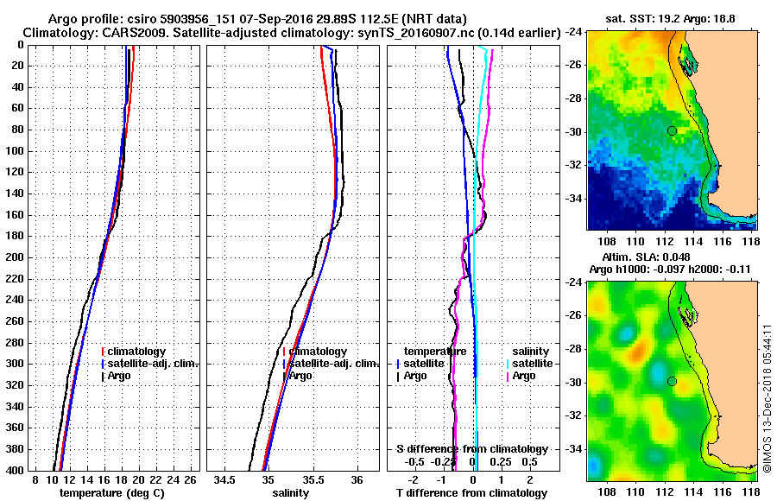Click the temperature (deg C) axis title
click(x=111, y=493)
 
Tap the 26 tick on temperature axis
click(x=192, y=479)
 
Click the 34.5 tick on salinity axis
click(x=225, y=479)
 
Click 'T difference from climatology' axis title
click(x=472, y=493)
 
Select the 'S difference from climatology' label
click(x=472, y=449)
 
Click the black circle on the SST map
click(x=672, y=130)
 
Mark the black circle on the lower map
click(x=672, y=382)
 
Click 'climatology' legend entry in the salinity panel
click(x=318, y=352)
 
